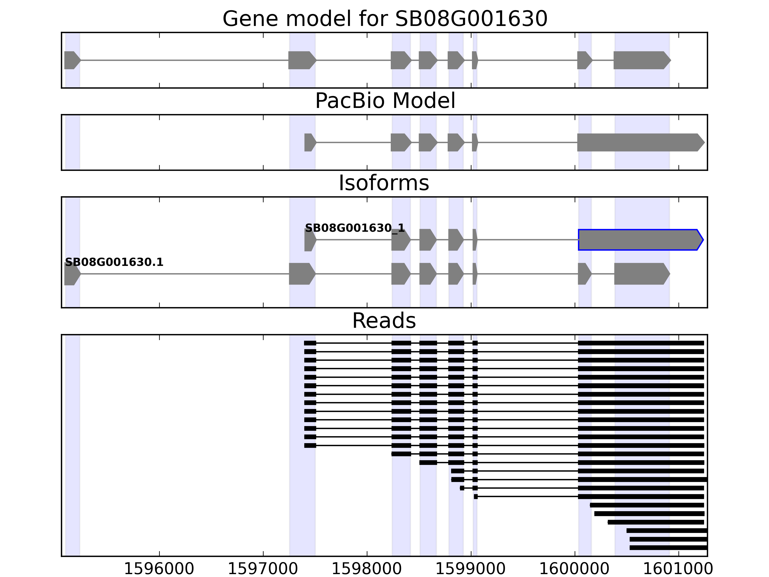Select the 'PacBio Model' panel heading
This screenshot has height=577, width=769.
(384, 101)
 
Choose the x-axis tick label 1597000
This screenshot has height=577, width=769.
(263, 569)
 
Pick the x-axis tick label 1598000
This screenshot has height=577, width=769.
(367, 569)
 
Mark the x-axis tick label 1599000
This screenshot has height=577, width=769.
(470, 569)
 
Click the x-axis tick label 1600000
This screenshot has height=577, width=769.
(574, 569)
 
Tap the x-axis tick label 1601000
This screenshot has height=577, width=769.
(678, 569)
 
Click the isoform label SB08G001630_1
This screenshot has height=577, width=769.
(355, 228)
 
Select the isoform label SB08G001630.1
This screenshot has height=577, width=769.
(114, 262)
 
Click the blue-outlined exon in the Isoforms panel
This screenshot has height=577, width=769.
(640, 240)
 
